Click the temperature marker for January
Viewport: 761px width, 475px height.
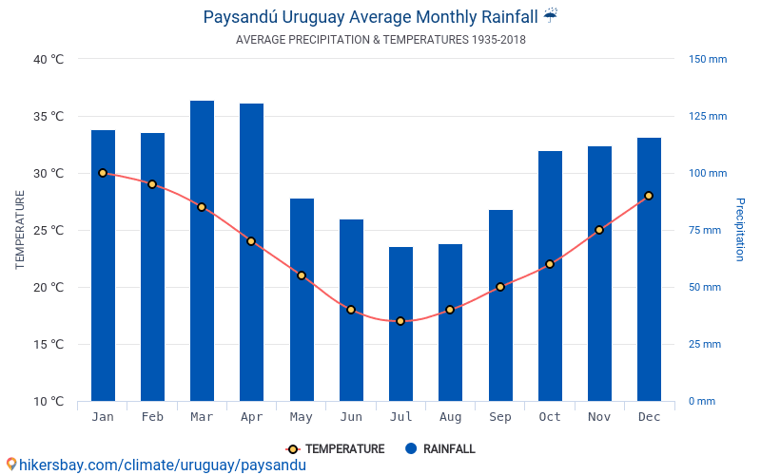[x=103, y=173]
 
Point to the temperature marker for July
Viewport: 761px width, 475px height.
[x=400, y=321]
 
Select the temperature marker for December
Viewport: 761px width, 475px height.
[x=649, y=196]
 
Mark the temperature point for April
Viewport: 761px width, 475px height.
[x=251, y=241]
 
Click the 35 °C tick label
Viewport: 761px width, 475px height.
[x=47, y=116]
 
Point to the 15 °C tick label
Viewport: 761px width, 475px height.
[x=47, y=344]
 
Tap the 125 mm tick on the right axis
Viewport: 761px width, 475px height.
[x=707, y=116]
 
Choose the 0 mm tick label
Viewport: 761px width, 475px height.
[x=701, y=401]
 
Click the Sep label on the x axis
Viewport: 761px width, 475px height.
[x=499, y=417]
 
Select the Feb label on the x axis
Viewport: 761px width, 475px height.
[x=152, y=417]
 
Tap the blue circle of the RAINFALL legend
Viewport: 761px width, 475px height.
[x=411, y=449]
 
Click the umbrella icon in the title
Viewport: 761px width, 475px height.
[x=551, y=16]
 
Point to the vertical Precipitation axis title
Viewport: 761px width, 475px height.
[x=740, y=230]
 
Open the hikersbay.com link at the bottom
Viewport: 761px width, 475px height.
[x=157, y=465]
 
